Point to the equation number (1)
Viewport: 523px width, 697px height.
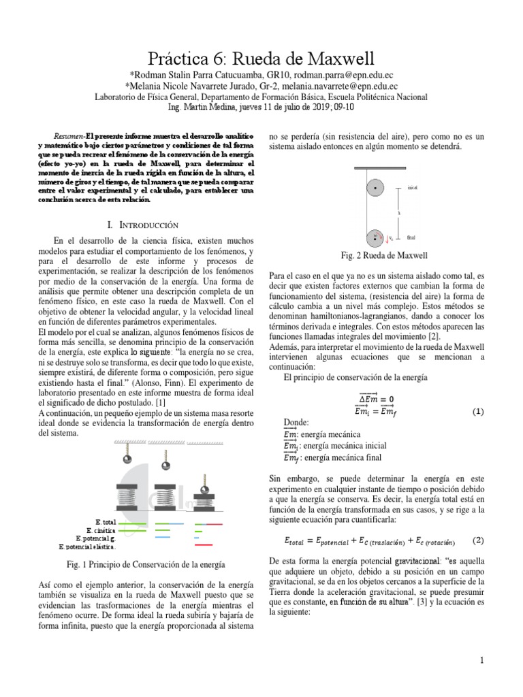(x=477, y=412)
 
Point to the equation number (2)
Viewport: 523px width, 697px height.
(x=477, y=540)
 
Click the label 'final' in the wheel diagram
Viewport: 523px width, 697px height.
(x=411, y=238)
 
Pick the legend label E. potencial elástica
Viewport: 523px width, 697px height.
(x=87, y=546)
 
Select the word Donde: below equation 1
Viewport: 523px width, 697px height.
(x=296, y=422)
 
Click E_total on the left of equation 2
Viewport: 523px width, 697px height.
(x=297, y=541)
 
